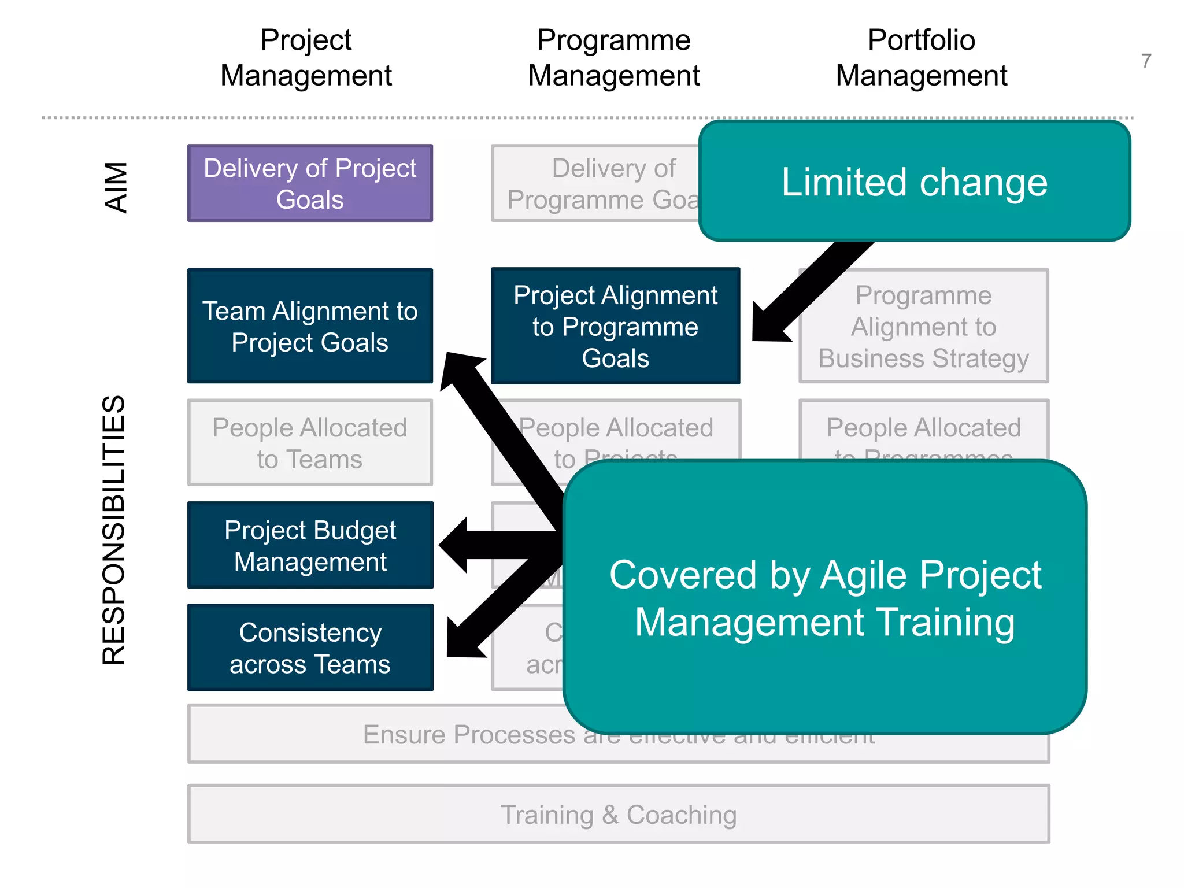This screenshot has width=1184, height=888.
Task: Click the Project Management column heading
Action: pyautogui.click(x=306, y=58)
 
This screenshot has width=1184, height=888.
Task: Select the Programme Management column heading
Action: pyautogui.click(x=613, y=58)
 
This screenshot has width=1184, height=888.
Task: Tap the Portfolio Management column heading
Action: pyautogui.click(x=921, y=58)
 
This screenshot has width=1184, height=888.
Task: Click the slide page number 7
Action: pyautogui.click(x=1146, y=61)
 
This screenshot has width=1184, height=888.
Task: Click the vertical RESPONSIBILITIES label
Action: pyautogui.click(x=113, y=529)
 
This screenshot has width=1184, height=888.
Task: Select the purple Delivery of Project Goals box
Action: pyautogui.click(x=310, y=183)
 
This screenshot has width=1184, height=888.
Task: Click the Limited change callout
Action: pyautogui.click(x=914, y=182)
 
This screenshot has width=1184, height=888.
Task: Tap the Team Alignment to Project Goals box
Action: pyautogui.click(x=310, y=326)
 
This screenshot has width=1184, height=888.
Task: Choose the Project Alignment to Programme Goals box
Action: pyautogui.click(x=615, y=326)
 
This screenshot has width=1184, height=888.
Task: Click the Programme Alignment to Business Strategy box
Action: pyautogui.click(x=923, y=326)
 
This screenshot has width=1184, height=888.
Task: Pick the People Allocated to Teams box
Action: pyautogui.click(x=310, y=443)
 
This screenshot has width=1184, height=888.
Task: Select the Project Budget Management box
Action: pyautogui.click(x=310, y=545)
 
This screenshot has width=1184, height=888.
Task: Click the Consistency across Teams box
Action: pyautogui.click(x=310, y=647)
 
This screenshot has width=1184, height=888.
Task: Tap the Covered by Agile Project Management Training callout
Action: pyautogui.click(x=825, y=598)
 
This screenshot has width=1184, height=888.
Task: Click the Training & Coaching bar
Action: pyautogui.click(x=618, y=814)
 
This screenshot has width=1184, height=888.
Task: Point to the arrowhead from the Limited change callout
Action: pyautogui.click(x=769, y=324)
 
